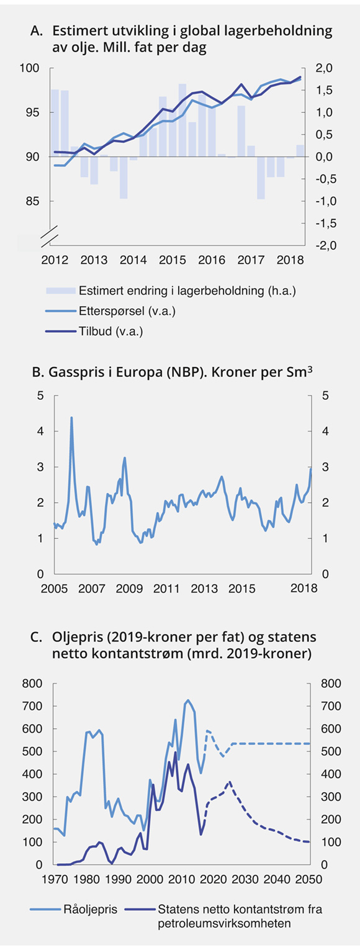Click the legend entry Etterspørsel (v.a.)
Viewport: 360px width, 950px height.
pos(118,310)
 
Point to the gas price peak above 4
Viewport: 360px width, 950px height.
pos(71,417)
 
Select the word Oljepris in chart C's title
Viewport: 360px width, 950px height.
pos(74,638)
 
